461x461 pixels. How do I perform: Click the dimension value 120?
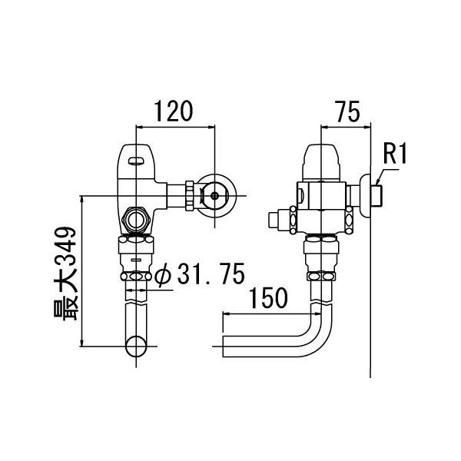point(174,111)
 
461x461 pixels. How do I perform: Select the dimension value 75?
point(348,111)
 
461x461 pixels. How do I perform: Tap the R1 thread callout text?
point(395,154)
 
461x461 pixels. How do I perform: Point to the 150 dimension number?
point(268,298)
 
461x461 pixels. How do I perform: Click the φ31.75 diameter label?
point(200,274)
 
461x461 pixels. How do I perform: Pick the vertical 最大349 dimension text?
point(65,274)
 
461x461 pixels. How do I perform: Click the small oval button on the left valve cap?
point(136,161)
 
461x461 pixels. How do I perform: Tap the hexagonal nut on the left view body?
point(136,219)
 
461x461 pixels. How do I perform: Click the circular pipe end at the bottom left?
point(136,347)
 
